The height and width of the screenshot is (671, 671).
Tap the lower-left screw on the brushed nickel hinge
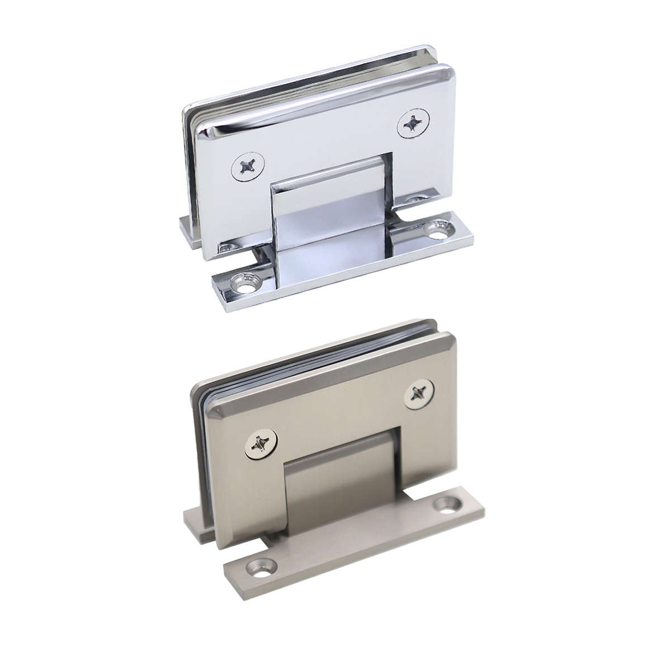pos(261,444)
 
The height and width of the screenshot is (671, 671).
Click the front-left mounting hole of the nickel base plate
pos(261,568)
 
